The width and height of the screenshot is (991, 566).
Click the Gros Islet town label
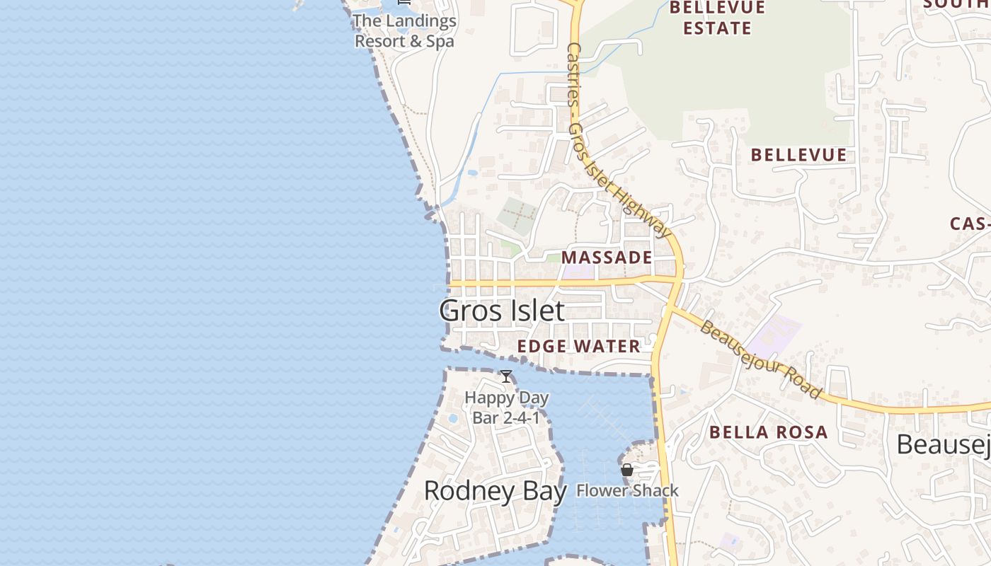(502, 311)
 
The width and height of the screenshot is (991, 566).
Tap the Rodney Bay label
(495, 491)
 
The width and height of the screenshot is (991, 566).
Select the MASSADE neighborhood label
(607, 258)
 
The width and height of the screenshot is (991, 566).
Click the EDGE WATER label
(578, 346)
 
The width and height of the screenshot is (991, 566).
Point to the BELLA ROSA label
(768, 432)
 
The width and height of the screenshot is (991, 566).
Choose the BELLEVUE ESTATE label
(717, 18)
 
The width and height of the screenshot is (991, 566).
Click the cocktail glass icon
(506, 376)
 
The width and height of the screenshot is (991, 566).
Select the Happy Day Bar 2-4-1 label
(506, 408)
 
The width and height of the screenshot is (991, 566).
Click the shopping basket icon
(626, 470)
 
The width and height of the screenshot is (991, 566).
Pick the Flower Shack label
(627, 490)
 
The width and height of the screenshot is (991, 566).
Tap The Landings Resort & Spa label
(404, 31)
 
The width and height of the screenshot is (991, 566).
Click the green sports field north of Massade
(519, 215)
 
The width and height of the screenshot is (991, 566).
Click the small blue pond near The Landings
(472, 172)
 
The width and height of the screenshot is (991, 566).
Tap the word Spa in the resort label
(440, 41)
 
